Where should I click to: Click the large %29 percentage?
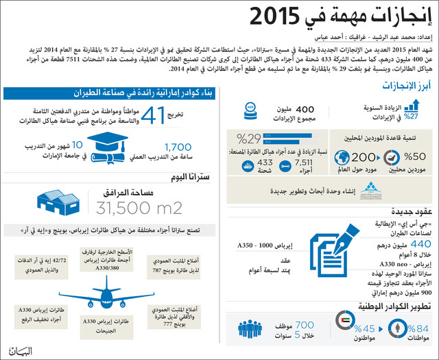pos(248,139)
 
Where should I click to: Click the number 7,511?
pos(303,163)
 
